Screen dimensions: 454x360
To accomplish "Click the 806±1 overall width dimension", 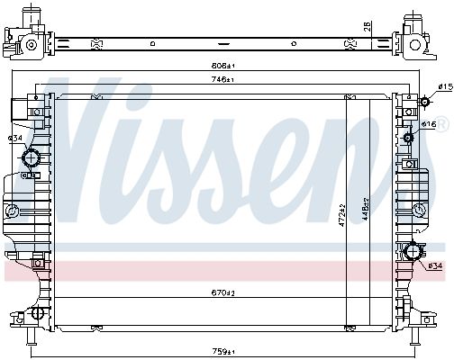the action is (x=222, y=66).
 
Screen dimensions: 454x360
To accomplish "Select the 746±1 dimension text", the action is (x=222, y=80).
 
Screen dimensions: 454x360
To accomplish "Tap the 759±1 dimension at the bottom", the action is (x=223, y=351).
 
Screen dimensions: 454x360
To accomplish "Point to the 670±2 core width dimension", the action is (x=222, y=293).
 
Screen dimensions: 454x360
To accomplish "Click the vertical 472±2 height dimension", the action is (x=342, y=215).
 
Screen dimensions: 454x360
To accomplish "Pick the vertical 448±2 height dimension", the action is (x=366, y=209).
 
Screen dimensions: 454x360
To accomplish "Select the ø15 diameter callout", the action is (x=445, y=87).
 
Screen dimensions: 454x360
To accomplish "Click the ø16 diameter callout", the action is (x=429, y=124).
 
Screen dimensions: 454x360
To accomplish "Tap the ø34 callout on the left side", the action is (x=15, y=139).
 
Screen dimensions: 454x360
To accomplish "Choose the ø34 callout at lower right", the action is (x=435, y=265).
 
